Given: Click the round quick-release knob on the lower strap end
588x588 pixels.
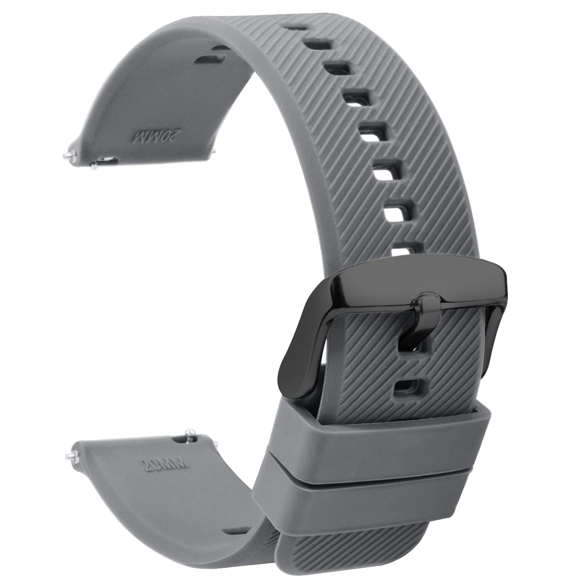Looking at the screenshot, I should pyautogui.click(x=191, y=434).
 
